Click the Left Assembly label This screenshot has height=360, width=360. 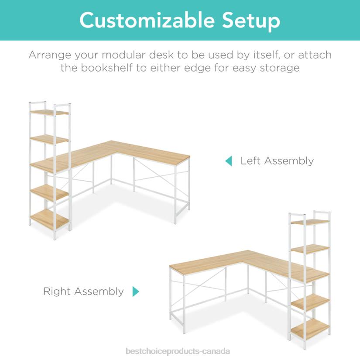(277, 161)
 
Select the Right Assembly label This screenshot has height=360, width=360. (83, 291)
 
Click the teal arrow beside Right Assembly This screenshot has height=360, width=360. (136, 291)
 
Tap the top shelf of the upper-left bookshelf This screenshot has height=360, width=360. (49, 112)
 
